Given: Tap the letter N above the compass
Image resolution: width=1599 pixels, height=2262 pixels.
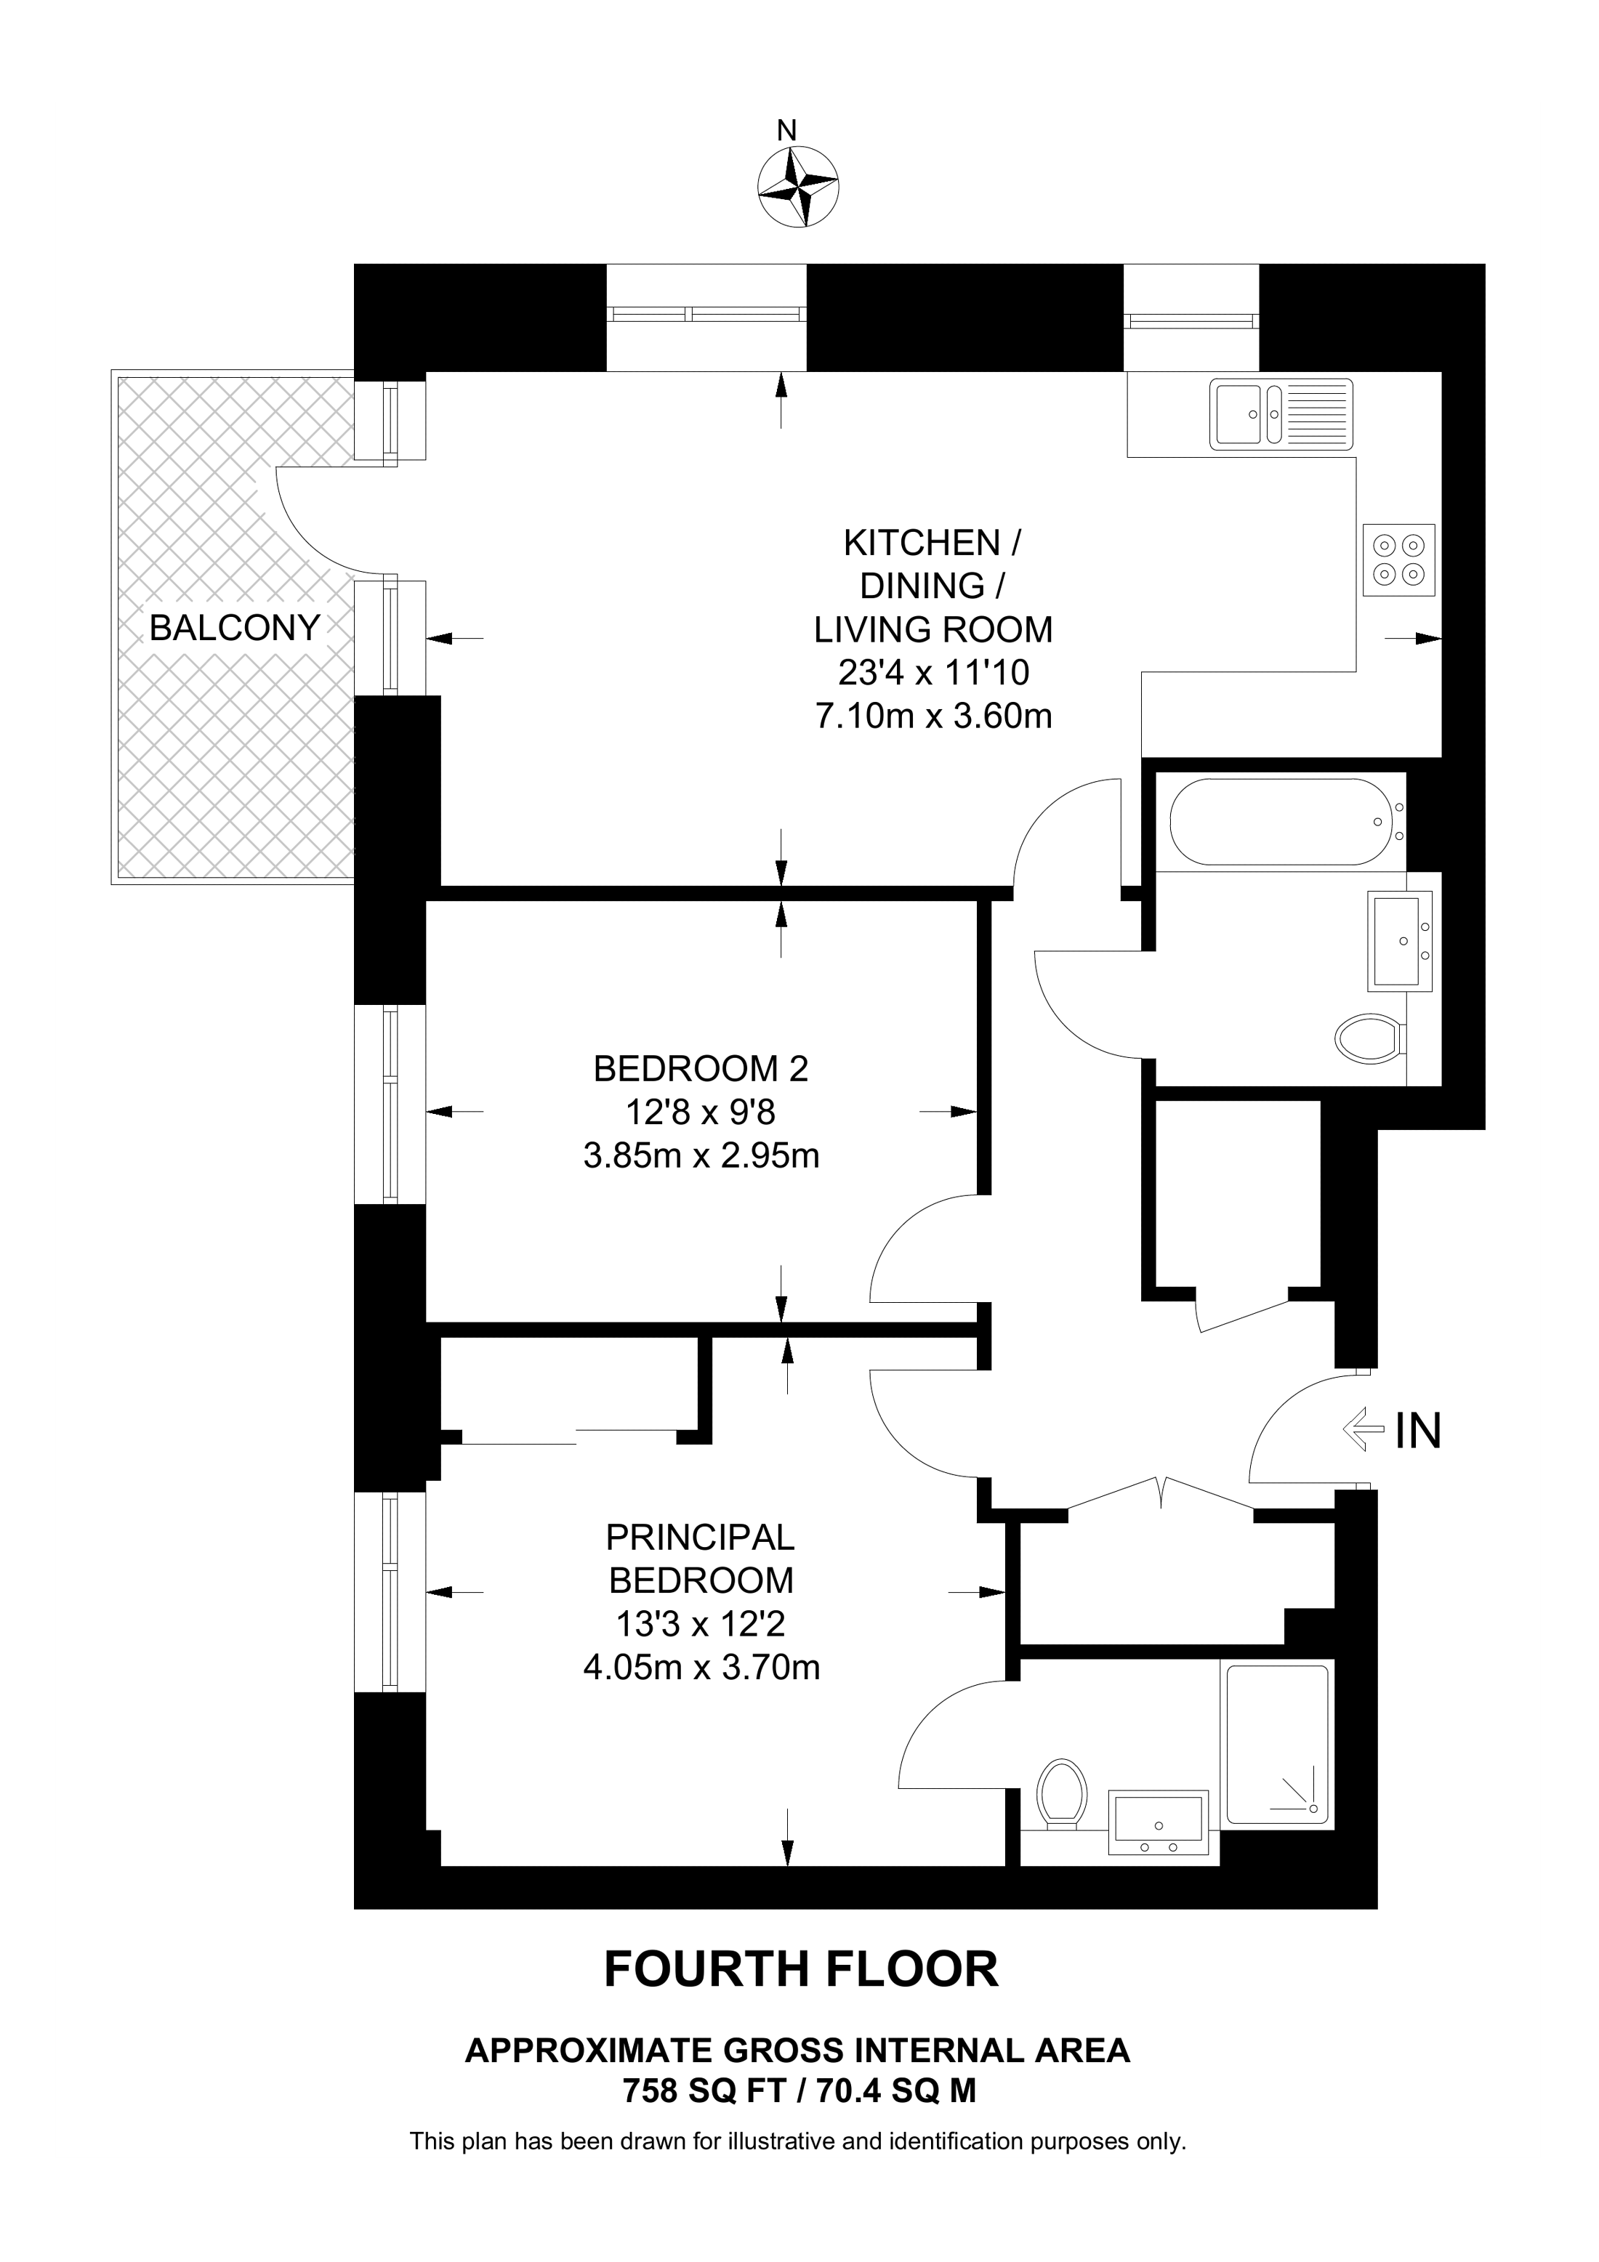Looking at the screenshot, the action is [x=786, y=130].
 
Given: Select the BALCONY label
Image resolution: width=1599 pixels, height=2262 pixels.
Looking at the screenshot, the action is [x=235, y=628].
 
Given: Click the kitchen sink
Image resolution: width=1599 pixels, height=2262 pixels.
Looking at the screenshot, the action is [x=1283, y=413].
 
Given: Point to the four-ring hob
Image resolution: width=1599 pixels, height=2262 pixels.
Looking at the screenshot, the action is [x=1399, y=560].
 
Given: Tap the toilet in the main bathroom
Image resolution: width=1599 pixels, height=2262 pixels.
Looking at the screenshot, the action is [x=1369, y=1038].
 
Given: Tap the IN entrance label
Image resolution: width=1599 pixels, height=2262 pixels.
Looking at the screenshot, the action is [x=1419, y=1431].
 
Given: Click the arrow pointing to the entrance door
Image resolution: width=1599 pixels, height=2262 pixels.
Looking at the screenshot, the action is [x=1364, y=1429].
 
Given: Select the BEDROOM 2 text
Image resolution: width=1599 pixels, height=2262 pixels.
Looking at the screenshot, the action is [x=701, y=1069].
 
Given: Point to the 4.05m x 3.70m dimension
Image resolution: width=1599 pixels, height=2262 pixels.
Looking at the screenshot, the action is [x=701, y=1668].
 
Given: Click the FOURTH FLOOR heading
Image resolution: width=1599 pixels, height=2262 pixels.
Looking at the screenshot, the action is [x=800, y=1971].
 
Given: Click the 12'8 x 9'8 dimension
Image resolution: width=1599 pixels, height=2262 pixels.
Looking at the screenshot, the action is [x=701, y=1113].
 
